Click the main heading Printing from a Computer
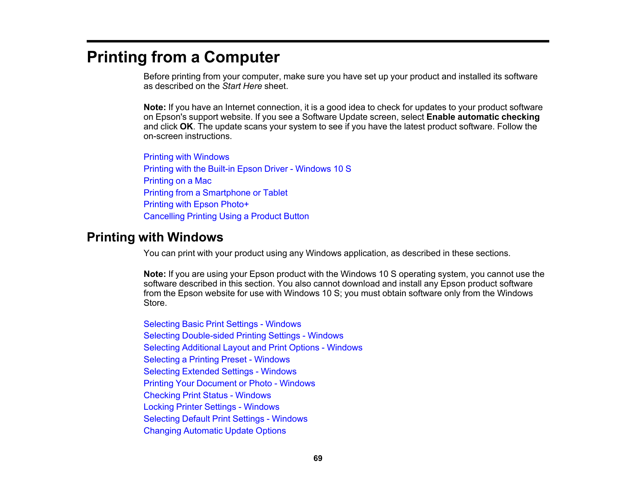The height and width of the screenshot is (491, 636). (183, 57)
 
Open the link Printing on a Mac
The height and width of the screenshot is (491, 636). (177, 181)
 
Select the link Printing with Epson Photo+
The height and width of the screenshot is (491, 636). (196, 204)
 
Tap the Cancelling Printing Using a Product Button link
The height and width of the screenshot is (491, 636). (226, 216)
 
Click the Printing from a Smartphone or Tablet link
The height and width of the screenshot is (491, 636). (215, 193)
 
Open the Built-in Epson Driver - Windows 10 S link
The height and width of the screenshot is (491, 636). (247, 169)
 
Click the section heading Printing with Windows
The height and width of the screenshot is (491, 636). (155, 237)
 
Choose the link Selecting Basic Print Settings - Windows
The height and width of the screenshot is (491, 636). (222, 324)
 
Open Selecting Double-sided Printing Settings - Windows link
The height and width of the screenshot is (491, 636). (243, 336)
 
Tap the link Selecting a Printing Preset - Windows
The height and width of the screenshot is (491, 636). (217, 360)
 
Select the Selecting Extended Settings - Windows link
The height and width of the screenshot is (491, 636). (220, 372)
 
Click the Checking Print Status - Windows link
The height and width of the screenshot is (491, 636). (207, 395)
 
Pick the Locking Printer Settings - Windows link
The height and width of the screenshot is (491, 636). (211, 407)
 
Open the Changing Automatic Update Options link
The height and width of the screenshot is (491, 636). (215, 431)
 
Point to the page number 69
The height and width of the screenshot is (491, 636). (318, 458)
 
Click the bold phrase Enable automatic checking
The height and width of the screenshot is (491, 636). (483, 117)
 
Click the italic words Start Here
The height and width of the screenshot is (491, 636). (242, 86)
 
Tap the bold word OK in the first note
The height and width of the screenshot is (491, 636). (186, 127)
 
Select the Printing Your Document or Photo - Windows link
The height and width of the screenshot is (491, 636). (229, 384)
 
